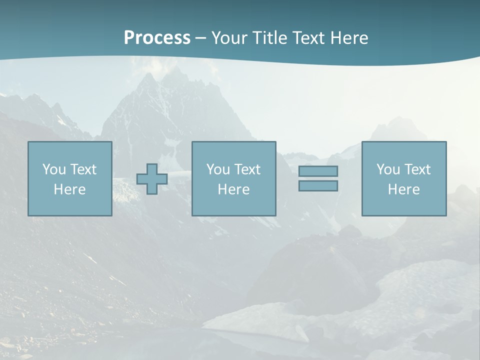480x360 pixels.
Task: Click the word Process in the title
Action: coord(157,38)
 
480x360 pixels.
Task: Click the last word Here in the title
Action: coord(349,38)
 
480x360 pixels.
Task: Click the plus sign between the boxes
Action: coord(152,179)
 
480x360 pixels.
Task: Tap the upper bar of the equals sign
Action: coord(318,171)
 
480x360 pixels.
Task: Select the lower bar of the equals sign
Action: coord(318,185)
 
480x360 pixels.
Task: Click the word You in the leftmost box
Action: coord(54,169)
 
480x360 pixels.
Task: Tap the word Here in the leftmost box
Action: coord(69,189)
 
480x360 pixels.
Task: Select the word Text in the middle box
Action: coord(247,169)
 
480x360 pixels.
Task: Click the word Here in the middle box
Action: coord(233,189)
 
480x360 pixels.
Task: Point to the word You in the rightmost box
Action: coord(388,169)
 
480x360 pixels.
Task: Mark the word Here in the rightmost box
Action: coord(403,189)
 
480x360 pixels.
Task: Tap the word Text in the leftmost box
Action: coord(83,169)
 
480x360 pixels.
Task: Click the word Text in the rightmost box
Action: coord(417,169)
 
